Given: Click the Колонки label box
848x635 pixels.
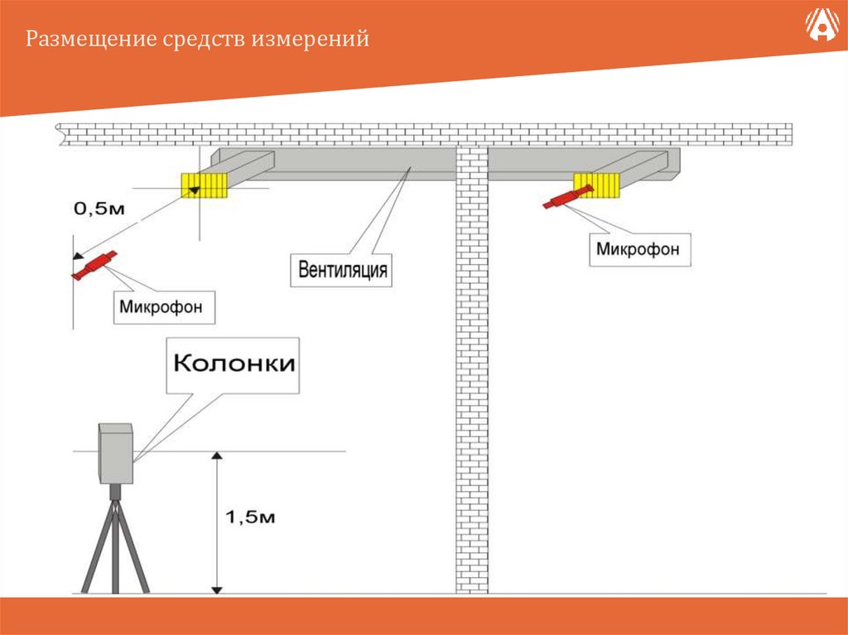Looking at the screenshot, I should pos(234,364).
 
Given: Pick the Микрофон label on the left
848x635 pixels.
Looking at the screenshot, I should pos(166,307).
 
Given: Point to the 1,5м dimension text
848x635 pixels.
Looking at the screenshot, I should pos(250,518).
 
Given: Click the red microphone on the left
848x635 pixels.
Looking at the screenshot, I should pos(94,266).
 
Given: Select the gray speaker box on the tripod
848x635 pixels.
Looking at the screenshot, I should pos(116,453).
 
